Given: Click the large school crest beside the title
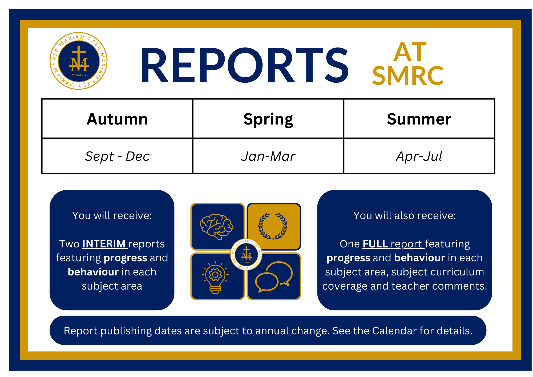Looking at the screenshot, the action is click(x=79, y=61).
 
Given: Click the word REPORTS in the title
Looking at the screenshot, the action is click(x=244, y=66).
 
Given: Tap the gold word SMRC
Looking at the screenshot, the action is click(x=408, y=76).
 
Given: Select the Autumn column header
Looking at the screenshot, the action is click(x=117, y=119).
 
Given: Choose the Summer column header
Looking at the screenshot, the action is click(x=419, y=119).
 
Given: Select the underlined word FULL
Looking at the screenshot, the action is click(x=375, y=244).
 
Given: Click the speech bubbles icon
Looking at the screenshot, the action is click(x=274, y=277).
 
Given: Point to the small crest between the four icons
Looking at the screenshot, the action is click(x=246, y=254).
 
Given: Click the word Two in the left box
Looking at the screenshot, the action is click(x=69, y=244).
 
